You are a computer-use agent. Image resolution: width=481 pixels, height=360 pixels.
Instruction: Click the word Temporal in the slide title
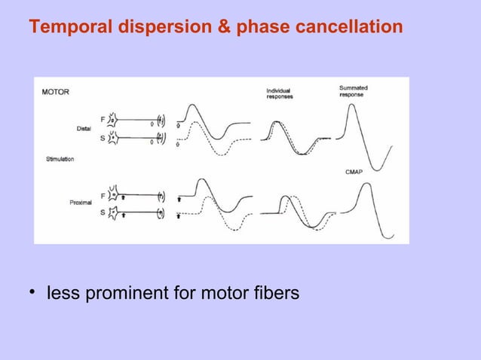coord(65,28)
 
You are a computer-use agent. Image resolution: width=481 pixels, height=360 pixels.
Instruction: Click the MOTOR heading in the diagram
coord(55,93)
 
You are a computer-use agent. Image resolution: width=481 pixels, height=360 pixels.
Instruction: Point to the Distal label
coord(84,128)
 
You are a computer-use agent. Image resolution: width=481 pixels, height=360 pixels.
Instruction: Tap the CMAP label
coord(354,172)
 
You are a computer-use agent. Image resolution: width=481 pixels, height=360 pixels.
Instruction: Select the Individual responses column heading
coord(280,94)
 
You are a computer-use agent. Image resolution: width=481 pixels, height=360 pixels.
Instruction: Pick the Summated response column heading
coord(354,92)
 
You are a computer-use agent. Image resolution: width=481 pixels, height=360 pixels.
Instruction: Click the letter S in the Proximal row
coord(103,214)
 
